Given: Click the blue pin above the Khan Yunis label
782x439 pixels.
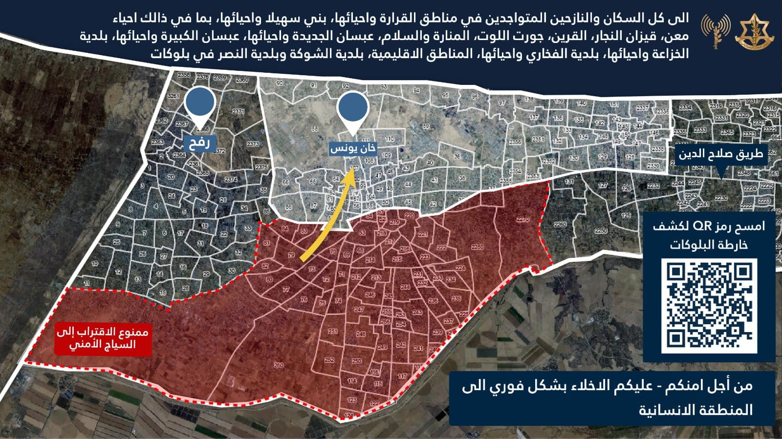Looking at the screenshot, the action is coord(352,108).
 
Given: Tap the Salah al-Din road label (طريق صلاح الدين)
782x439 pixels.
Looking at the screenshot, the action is coord(720,155).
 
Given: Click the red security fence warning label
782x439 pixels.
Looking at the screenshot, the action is coord(102,338).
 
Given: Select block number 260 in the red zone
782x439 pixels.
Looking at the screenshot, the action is coord(279,365).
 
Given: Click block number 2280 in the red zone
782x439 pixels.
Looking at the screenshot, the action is coord(478,247).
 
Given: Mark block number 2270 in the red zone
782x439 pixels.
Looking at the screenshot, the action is coord(522,220).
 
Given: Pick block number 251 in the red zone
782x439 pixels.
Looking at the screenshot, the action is coord(333,332).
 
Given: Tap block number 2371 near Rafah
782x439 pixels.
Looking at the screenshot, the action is coord(239,112).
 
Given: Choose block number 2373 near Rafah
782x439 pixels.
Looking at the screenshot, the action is coord(253,145).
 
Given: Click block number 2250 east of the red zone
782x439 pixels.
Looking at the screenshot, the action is coord(601,230).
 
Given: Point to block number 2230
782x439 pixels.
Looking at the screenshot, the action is coord(721,198).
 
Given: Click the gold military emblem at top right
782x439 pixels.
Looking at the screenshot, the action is coord(753,31).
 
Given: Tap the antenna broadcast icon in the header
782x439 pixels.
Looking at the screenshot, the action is coord(715,31).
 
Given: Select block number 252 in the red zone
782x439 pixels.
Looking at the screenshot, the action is coord(329,360).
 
